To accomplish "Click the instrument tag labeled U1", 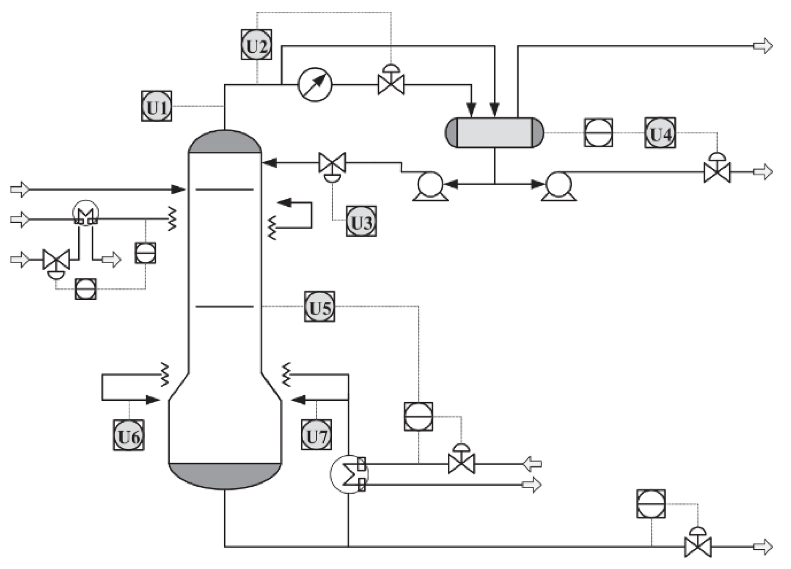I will point(156,106).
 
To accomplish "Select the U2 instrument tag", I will point(256,45).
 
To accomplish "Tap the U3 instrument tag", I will point(361,221).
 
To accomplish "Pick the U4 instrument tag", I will point(660,133).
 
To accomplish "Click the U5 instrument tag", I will point(320,307).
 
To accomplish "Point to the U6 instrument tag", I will point(128,435).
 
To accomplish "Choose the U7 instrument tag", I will point(316,435).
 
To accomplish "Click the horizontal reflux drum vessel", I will point(494,133).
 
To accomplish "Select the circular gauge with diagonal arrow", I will point(315,85).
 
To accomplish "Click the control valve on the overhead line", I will point(391,83).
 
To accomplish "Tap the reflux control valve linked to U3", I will point(332,163).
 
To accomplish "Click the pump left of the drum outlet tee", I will point(430,185).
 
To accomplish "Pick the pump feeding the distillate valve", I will point(558,185).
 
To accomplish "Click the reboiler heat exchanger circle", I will point(348,474).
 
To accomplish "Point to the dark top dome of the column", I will point(225,141).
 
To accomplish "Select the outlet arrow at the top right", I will point(762,45).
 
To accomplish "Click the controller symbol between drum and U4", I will point(598,133).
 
